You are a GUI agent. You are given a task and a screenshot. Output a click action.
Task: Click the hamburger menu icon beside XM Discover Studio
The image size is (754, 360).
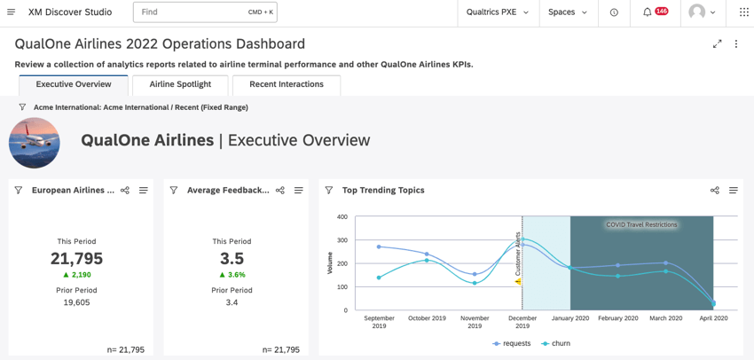point(11,12)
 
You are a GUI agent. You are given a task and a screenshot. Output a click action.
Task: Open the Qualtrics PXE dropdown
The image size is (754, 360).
point(497,12)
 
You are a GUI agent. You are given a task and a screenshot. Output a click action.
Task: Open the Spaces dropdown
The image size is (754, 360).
point(567,12)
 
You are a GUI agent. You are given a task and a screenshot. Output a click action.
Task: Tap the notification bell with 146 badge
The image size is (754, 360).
point(648,12)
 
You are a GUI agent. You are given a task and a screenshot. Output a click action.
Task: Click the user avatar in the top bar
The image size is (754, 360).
point(698,12)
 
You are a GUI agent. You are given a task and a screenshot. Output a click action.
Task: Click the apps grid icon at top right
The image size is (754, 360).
point(743,12)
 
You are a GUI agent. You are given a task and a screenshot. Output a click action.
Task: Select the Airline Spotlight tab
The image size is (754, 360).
point(180,84)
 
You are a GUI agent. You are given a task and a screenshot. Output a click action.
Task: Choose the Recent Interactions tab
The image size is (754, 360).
point(286,84)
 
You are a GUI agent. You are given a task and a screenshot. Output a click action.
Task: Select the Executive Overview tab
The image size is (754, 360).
point(74,84)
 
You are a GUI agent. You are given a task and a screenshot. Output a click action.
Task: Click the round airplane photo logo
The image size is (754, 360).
point(35,142)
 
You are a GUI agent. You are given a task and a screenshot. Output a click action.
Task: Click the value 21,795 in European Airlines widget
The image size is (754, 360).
point(76,258)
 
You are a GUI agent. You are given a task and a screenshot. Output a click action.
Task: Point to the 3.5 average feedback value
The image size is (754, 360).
point(232,258)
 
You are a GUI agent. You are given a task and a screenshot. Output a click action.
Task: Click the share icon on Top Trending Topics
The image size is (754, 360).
point(715,191)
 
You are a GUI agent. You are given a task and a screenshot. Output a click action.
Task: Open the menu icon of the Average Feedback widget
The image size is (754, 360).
point(299,191)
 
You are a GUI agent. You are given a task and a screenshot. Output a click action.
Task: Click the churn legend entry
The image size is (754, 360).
point(556,344)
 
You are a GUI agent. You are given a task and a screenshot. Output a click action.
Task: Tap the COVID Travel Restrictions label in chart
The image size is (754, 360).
point(641,225)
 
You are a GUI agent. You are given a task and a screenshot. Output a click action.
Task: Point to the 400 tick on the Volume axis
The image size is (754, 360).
point(342,217)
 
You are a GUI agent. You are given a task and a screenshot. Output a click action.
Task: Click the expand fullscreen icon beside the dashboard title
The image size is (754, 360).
point(717,44)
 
